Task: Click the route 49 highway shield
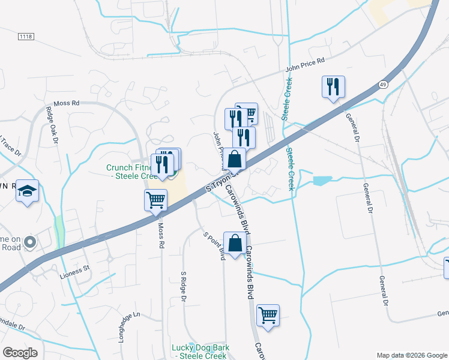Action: click(383, 86)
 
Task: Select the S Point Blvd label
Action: click(214, 246)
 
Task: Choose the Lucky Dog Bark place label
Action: click(199, 352)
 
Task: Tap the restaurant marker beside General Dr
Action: click(333, 86)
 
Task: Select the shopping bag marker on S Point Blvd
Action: click(235, 243)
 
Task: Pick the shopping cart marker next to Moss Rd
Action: click(155, 199)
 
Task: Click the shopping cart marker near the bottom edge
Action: click(268, 315)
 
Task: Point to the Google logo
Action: click(20, 353)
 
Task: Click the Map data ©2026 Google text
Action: click(412, 355)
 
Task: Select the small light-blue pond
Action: click(321, 180)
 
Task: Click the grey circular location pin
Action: click(29, 242)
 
